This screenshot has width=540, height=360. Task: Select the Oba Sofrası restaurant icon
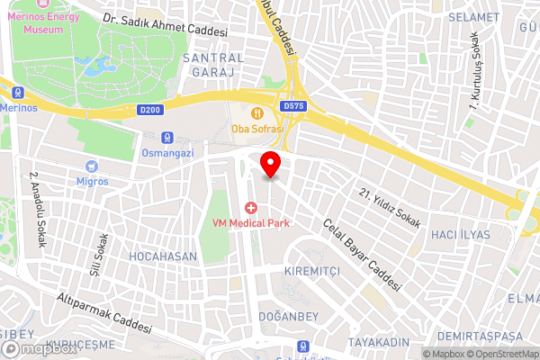point(258,112)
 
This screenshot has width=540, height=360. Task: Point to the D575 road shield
point(293,105)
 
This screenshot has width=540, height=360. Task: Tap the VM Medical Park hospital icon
point(250,208)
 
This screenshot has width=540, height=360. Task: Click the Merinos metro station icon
point(16,91)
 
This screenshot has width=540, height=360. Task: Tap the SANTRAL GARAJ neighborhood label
point(213,64)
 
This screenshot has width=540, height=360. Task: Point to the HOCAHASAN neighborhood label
point(162,256)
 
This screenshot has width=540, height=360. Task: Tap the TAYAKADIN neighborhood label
point(380,343)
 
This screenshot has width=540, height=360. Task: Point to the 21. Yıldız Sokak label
point(391,208)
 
